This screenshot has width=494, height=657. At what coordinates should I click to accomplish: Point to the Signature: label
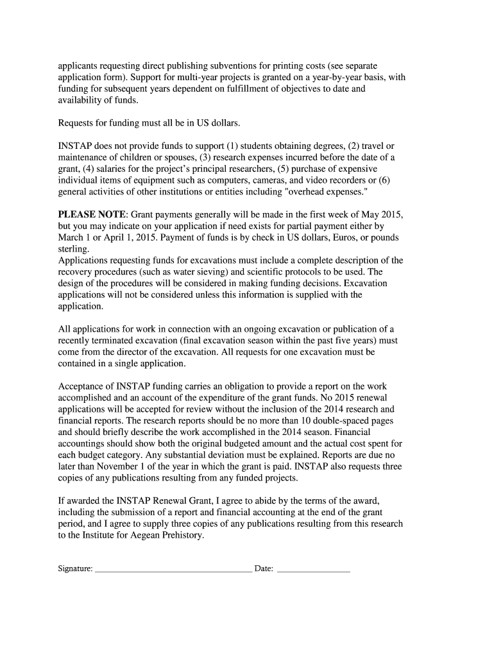75,568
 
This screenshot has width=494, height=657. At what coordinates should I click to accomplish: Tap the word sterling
74,249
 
